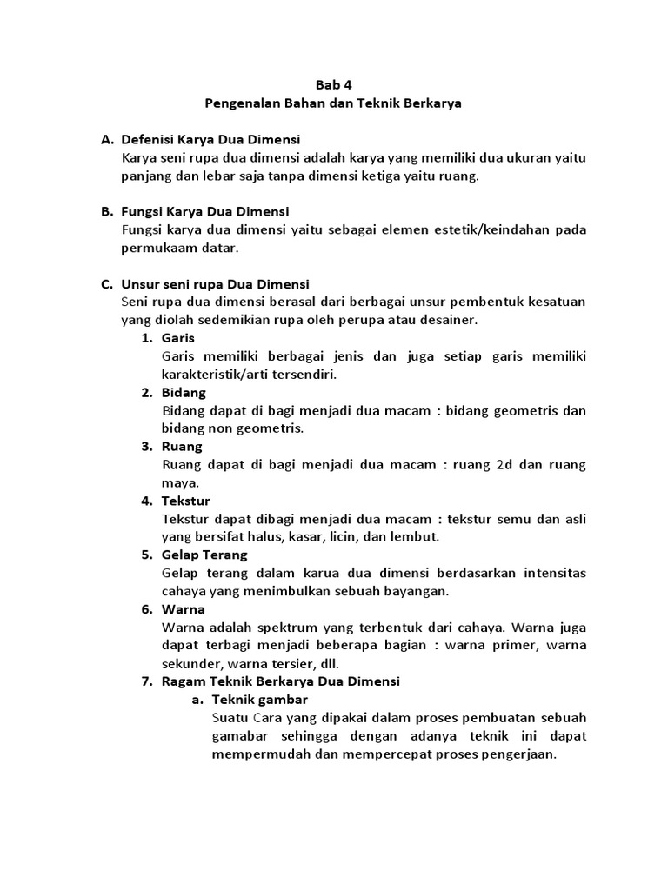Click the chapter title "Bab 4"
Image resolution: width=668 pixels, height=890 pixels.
334,85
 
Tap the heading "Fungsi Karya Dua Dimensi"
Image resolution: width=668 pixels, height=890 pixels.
206,211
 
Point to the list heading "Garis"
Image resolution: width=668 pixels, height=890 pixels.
178,337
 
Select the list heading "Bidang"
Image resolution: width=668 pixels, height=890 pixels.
184,392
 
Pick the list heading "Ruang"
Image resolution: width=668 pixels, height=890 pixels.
182,446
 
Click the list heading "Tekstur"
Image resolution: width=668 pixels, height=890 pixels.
185,501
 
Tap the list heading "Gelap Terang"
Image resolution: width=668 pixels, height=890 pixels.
204,555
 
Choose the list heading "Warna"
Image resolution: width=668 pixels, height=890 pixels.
183,609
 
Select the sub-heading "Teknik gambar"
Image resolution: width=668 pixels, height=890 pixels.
259,699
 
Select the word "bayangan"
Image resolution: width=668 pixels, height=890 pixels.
419,591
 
